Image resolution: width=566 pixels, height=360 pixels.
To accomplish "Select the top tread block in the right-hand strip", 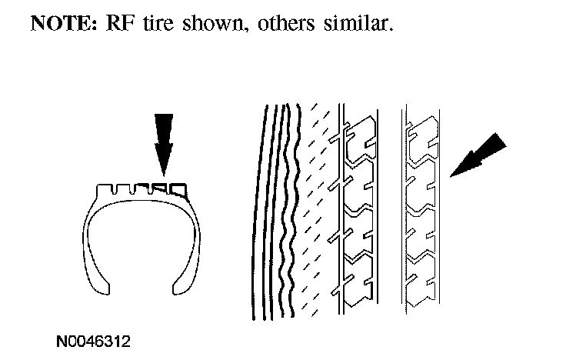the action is [x=421, y=135].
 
